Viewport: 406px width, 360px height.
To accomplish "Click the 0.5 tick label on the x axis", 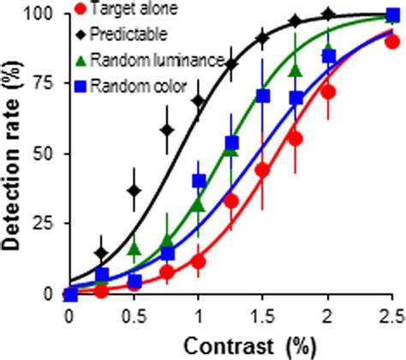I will (133, 314).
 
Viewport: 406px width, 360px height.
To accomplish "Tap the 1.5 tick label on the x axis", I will (262, 314).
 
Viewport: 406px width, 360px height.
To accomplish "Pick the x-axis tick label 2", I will (327, 314).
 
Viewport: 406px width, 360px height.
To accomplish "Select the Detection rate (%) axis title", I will (14, 154).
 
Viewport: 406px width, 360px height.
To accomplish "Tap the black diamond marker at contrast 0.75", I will (167, 129).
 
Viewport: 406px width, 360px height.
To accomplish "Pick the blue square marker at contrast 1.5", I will (263, 95).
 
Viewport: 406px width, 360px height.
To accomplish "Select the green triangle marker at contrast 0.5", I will (134, 249).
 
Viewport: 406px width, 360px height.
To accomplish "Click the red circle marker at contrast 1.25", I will (230, 201).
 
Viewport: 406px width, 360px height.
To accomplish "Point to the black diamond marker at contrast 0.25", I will (102, 253).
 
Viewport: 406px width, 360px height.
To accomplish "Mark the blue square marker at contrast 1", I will (199, 181).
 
